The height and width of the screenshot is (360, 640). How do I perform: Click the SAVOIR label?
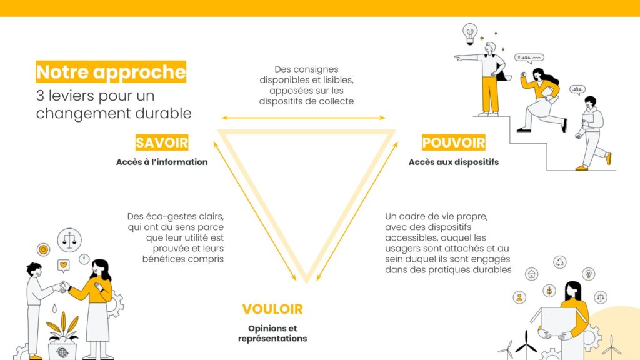coord(162,142)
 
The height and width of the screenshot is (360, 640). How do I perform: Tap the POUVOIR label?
coord(454,142)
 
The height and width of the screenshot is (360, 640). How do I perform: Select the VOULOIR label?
coord(272,309)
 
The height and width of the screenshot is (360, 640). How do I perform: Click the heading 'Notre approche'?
coord(111,72)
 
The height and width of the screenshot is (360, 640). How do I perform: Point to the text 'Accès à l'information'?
coord(162,162)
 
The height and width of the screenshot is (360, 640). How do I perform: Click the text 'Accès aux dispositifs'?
coord(454,162)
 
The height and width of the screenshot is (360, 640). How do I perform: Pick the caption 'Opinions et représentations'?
coord(272,333)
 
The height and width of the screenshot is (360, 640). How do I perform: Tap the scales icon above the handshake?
coord(69,239)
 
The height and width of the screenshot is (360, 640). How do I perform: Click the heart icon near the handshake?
coord(63,266)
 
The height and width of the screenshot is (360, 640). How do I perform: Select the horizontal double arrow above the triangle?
coord(303,117)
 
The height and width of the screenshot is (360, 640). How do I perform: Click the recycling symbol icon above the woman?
coord(560,262)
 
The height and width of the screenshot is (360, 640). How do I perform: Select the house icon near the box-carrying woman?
coord(531,273)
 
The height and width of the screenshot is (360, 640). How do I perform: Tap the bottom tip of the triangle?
coord(307,281)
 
